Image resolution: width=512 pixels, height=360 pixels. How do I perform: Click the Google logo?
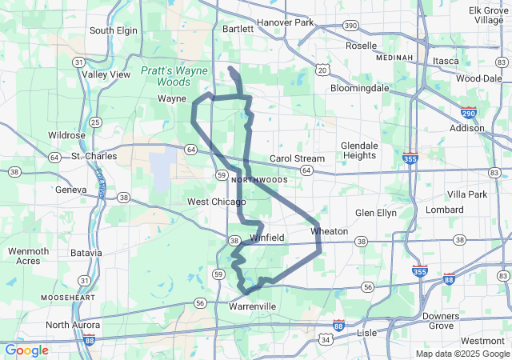tap(26, 350)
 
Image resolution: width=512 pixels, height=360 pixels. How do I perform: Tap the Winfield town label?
tap(266, 238)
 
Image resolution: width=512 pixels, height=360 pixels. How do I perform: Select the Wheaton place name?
tap(329, 231)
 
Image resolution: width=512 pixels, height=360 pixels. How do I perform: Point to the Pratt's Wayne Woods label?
tap(174, 76)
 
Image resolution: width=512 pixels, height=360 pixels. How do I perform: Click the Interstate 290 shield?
tap(469, 113)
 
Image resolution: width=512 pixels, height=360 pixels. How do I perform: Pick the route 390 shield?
tap(350, 26)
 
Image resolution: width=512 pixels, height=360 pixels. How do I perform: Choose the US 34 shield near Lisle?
tap(325, 340)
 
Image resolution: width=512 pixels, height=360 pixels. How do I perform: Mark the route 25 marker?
tap(95, 122)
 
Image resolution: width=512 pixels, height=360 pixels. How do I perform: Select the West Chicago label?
tap(216, 202)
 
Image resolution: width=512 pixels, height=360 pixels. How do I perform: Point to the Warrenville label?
tap(252, 306)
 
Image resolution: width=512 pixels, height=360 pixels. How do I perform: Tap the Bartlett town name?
tap(238, 28)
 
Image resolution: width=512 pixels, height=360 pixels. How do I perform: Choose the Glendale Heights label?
tap(358, 150)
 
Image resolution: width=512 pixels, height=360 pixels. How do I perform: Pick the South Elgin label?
tap(114, 30)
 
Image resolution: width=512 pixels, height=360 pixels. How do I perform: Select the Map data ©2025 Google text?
tap(462, 354)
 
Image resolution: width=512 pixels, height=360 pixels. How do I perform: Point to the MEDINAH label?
tap(395, 58)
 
